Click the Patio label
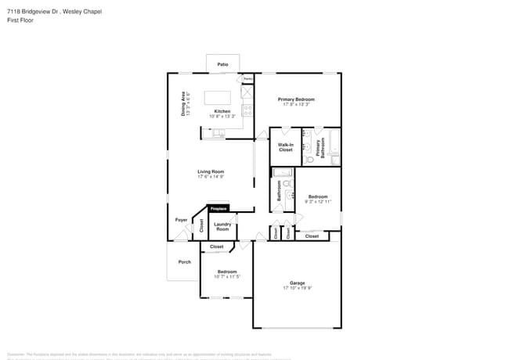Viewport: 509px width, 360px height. pyautogui.click(x=222, y=64)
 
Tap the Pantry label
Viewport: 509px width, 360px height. pyautogui.click(x=248, y=79)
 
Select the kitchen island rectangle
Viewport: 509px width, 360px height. pyautogui.click(x=218, y=98)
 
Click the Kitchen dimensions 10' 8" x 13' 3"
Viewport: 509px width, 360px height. pyautogui.click(x=222, y=117)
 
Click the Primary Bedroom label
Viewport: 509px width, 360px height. pyautogui.click(x=296, y=99)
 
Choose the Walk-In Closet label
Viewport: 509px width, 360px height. pyautogui.click(x=286, y=147)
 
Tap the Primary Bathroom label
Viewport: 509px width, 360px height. pyautogui.click(x=319, y=147)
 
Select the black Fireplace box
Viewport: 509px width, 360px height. pyautogui.click(x=218, y=209)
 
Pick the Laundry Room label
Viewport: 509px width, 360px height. pyautogui.click(x=222, y=226)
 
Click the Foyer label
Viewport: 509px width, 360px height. pyautogui.click(x=181, y=220)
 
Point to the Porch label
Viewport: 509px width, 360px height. pyautogui.click(x=185, y=262)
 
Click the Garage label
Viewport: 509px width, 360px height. pyautogui.click(x=297, y=283)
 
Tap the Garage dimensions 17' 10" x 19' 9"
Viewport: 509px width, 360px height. pyautogui.click(x=297, y=288)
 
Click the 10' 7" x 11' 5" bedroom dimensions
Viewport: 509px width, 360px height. pyautogui.click(x=226, y=276)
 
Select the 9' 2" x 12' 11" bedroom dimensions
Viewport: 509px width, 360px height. pyautogui.click(x=318, y=201)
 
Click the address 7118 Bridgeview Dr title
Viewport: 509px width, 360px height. pyautogui.click(x=54, y=12)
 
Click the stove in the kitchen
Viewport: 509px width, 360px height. pyautogui.click(x=247, y=110)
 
